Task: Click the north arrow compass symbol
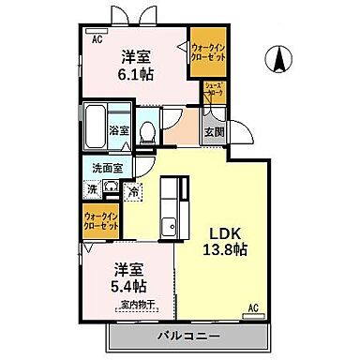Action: (x=279, y=59)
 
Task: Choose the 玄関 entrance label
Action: (x=215, y=132)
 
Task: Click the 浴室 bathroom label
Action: (x=119, y=132)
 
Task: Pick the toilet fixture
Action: (x=146, y=131)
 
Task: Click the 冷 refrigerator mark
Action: (x=135, y=190)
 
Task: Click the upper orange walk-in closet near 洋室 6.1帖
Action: (x=206, y=52)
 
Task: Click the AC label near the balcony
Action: (x=252, y=307)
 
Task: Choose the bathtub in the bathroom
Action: (x=97, y=129)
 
